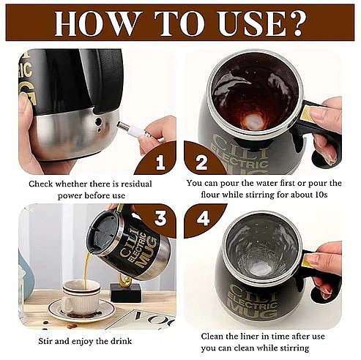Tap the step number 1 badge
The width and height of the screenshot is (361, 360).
point(160,162)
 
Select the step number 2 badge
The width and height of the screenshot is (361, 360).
point(201,162)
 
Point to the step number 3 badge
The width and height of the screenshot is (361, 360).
point(160,217)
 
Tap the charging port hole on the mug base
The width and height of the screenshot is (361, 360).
point(98,121)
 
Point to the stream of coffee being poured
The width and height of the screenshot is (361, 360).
point(86,269)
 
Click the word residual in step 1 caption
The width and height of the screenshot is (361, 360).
point(135,184)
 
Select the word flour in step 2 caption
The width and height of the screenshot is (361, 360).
point(210,195)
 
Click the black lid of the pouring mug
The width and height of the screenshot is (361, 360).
point(104,233)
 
